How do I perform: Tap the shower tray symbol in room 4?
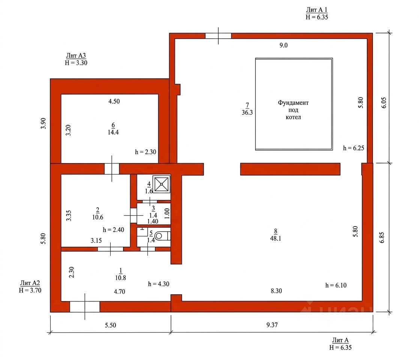click(161, 184)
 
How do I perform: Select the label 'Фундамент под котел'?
click(293, 110)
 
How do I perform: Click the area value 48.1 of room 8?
click(275, 238)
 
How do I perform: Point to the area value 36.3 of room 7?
click(247, 112)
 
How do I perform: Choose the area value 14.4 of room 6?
click(113, 132)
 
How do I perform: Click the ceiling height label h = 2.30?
click(146, 152)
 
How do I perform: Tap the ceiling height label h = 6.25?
click(353, 148)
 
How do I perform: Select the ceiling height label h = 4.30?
click(159, 284)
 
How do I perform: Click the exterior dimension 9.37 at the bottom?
click(272, 325)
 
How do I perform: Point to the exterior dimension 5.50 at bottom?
click(110, 325)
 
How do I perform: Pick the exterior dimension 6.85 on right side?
click(382, 237)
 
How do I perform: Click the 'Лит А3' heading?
click(76, 55)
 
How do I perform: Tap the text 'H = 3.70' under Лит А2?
click(30, 290)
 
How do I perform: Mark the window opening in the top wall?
click(218, 36)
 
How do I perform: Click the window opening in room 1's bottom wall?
click(85, 307)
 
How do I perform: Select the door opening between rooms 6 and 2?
click(112, 169)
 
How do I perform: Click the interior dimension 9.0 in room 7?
click(284, 45)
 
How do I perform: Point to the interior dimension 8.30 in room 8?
click(276, 291)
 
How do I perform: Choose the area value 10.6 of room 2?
click(98, 217)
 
